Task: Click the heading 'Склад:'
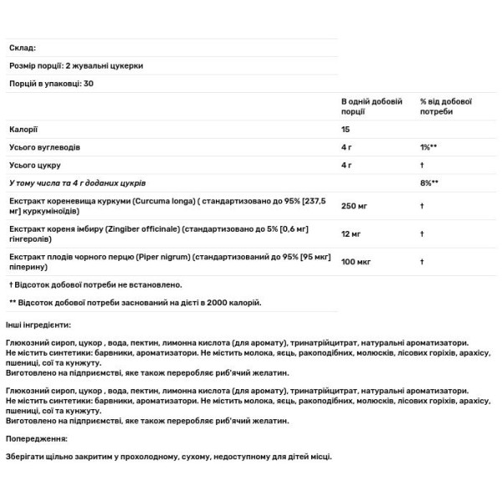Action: [22, 49]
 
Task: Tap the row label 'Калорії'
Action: [23, 130]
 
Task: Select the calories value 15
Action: [346, 130]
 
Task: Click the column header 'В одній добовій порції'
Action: [369, 105]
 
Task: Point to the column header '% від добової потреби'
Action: [447, 105]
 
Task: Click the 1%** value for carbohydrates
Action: [430, 147]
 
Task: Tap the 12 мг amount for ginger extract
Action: [352, 233]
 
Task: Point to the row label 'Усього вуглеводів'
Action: [45, 147]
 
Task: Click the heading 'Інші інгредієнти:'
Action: [38, 324]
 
